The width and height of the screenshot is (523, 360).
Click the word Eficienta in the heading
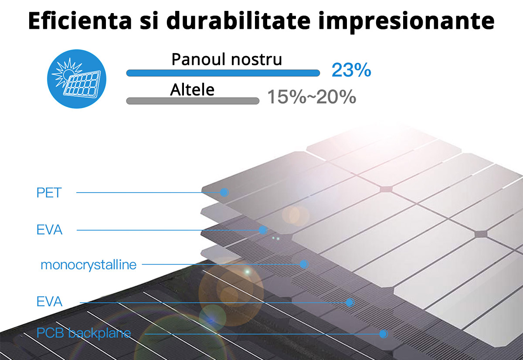coord(80,20)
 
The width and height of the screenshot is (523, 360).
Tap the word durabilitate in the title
coord(238,20)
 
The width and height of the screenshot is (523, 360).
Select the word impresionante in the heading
coord(406,21)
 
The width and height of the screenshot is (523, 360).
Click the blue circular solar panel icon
coord(77,79)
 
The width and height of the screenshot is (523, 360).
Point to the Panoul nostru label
coord(227,59)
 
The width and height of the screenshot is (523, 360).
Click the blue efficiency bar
coord(223,73)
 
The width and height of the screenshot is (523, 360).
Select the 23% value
coord(351,70)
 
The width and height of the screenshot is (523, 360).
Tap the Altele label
coord(192,90)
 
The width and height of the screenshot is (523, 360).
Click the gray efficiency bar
coord(193,101)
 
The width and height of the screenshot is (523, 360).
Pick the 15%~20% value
coord(312,97)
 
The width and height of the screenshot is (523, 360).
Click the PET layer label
coord(49,193)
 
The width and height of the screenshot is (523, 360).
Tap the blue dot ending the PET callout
coord(224,192)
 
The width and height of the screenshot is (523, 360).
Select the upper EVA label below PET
coord(50,230)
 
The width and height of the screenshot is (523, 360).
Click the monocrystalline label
coord(88,265)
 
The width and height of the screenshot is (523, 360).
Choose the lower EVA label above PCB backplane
coord(50,302)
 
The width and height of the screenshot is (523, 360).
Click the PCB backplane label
coord(84,333)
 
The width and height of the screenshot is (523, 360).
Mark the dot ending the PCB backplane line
coord(384,334)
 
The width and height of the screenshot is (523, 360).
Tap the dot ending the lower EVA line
coord(350,302)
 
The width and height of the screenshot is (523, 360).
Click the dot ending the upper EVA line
coord(263,230)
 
